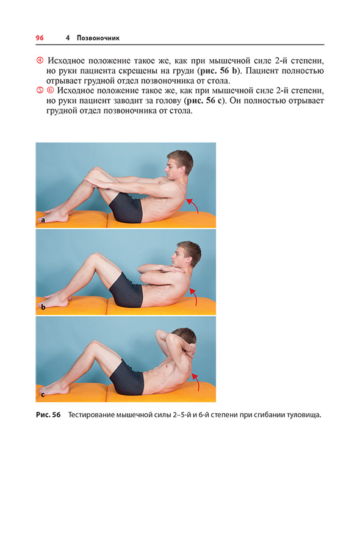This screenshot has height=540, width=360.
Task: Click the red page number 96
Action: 40,38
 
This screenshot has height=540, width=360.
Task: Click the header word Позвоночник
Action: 98,38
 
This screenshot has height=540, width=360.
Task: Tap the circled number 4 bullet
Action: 40,60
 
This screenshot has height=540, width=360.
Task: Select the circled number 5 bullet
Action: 40,90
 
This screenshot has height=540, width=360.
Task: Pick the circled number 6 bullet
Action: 51,90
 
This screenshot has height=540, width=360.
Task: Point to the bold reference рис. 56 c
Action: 204,101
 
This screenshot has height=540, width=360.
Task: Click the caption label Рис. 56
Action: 48,415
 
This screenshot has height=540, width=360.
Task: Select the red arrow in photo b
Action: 194,296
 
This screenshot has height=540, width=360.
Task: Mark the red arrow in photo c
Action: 196,381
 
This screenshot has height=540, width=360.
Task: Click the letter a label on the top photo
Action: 43,220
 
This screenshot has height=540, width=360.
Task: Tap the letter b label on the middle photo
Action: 43,307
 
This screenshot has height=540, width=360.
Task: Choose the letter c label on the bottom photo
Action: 43,395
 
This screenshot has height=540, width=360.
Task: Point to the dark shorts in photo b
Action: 126,291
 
